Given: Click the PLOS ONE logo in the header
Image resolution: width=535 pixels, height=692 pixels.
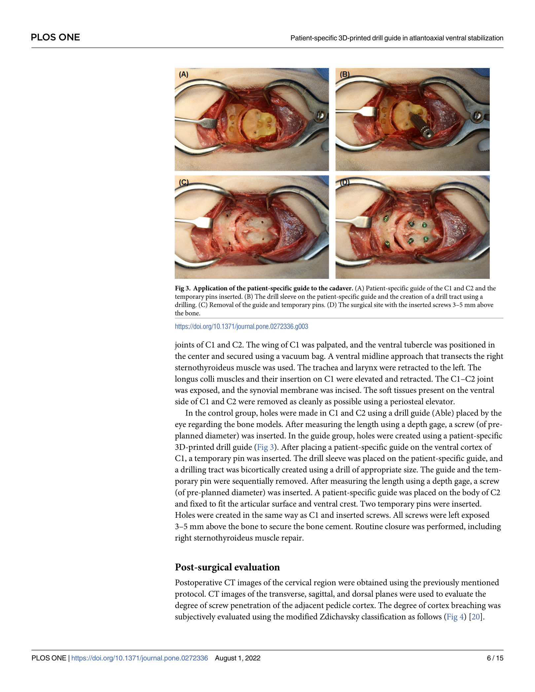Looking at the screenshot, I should [x=55, y=37].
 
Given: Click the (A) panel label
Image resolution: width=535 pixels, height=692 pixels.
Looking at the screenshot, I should [x=184, y=75].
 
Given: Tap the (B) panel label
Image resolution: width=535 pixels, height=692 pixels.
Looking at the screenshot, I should [x=344, y=74].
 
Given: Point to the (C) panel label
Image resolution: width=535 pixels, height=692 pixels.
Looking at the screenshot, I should [x=184, y=182].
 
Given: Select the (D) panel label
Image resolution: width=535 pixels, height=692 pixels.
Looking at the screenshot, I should [x=344, y=182].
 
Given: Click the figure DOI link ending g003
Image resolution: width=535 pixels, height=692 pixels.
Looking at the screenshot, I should [x=241, y=326].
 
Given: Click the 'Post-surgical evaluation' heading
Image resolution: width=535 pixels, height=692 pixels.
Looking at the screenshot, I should [x=227, y=567].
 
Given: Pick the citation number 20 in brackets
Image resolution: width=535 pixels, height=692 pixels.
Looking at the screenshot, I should [x=476, y=617].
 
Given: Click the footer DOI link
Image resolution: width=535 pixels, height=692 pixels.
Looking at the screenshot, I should [x=139, y=658].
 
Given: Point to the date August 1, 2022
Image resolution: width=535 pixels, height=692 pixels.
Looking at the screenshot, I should [x=237, y=658].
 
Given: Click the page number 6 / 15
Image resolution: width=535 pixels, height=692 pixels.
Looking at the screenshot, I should [x=495, y=658].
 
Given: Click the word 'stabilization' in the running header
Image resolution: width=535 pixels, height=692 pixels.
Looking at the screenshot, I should [x=485, y=38].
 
